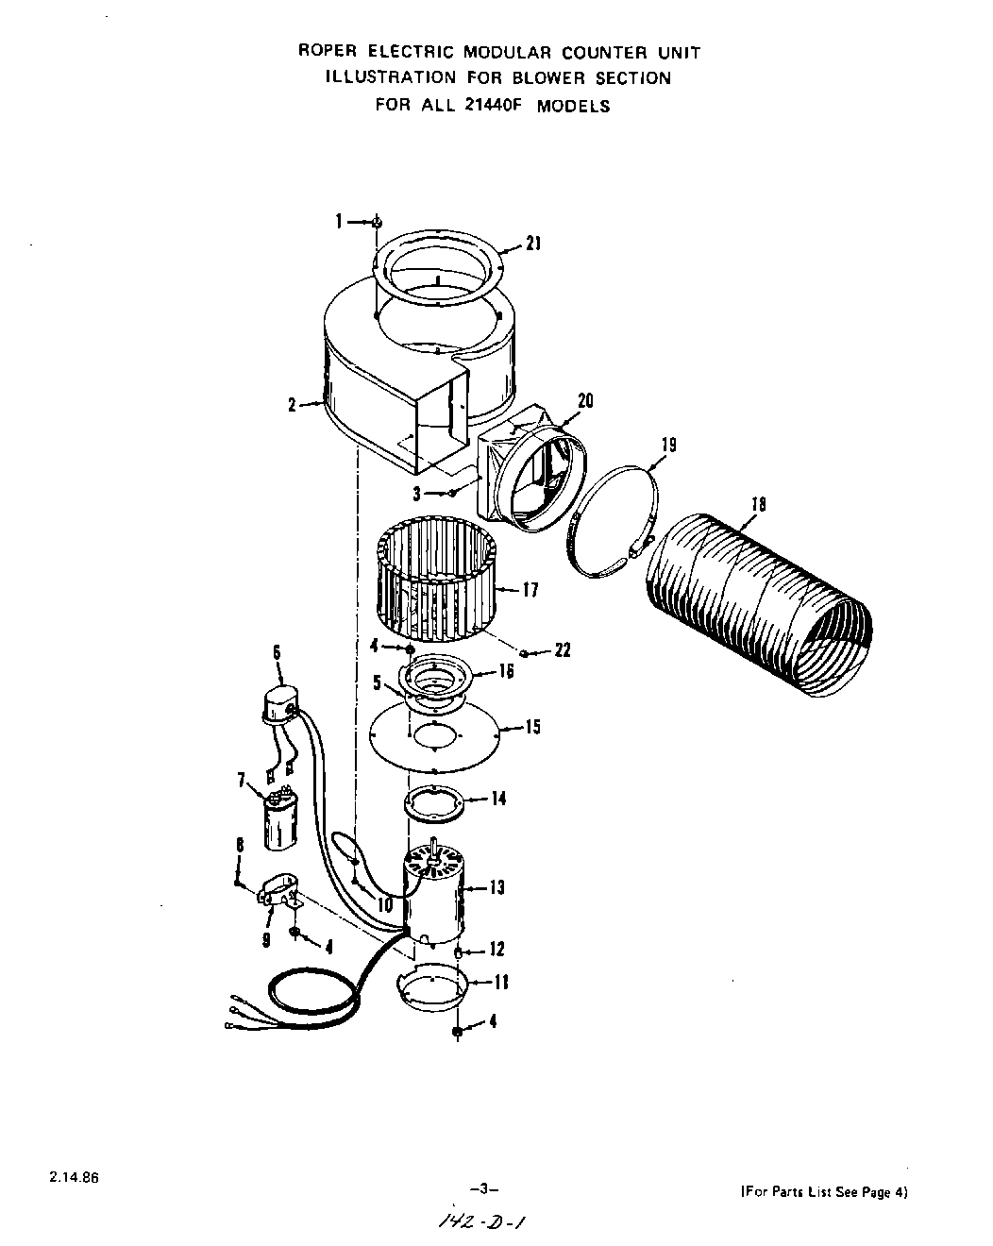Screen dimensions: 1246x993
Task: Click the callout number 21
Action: click(x=533, y=244)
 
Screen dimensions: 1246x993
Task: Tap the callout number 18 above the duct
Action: click(x=757, y=504)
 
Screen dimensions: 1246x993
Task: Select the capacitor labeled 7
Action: click(x=278, y=820)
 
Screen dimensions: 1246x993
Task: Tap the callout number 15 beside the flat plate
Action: click(x=532, y=728)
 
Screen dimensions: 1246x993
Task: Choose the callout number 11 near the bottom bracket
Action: click(x=501, y=983)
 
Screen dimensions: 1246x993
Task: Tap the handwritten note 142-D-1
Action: click(x=481, y=1221)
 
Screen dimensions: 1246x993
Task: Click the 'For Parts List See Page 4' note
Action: click(x=824, y=1192)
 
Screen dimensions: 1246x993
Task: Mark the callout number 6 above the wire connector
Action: click(x=277, y=651)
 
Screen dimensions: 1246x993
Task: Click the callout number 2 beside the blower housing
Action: click(x=293, y=405)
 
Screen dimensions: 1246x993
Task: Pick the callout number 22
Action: click(x=563, y=650)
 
